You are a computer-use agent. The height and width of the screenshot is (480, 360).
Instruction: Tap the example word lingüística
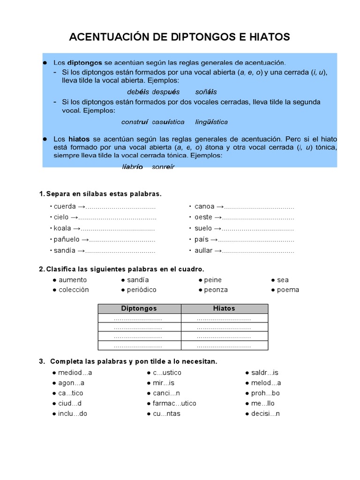(x=211, y=122)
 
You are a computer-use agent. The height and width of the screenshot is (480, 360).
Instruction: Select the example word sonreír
(x=163, y=167)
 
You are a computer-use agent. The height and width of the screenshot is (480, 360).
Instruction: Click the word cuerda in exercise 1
(x=64, y=206)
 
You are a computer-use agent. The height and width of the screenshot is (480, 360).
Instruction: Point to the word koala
(x=62, y=228)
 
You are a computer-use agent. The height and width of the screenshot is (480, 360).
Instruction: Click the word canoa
(x=204, y=206)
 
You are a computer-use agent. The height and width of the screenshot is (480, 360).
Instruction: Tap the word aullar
(x=203, y=251)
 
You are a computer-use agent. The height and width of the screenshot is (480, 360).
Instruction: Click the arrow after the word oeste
(x=217, y=217)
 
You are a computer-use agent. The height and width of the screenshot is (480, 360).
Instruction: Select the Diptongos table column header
(x=139, y=308)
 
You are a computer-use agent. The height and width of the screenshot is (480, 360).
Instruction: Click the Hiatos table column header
(x=224, y=308)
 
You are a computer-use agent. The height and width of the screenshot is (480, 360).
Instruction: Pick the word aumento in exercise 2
(x=73, y=280)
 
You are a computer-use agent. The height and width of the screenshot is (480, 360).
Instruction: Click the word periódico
(x=142, y=290)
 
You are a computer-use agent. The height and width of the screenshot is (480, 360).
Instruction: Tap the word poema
(x=288, y=290)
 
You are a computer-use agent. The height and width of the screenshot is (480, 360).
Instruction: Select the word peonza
(x=216, y=290)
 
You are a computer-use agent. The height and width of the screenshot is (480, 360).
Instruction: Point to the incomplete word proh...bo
(x=265, y=393)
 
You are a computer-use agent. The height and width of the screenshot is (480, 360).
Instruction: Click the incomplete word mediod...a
(x=75, y=373)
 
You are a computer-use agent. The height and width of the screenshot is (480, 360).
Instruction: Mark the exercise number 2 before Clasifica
(x=41, y=269)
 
